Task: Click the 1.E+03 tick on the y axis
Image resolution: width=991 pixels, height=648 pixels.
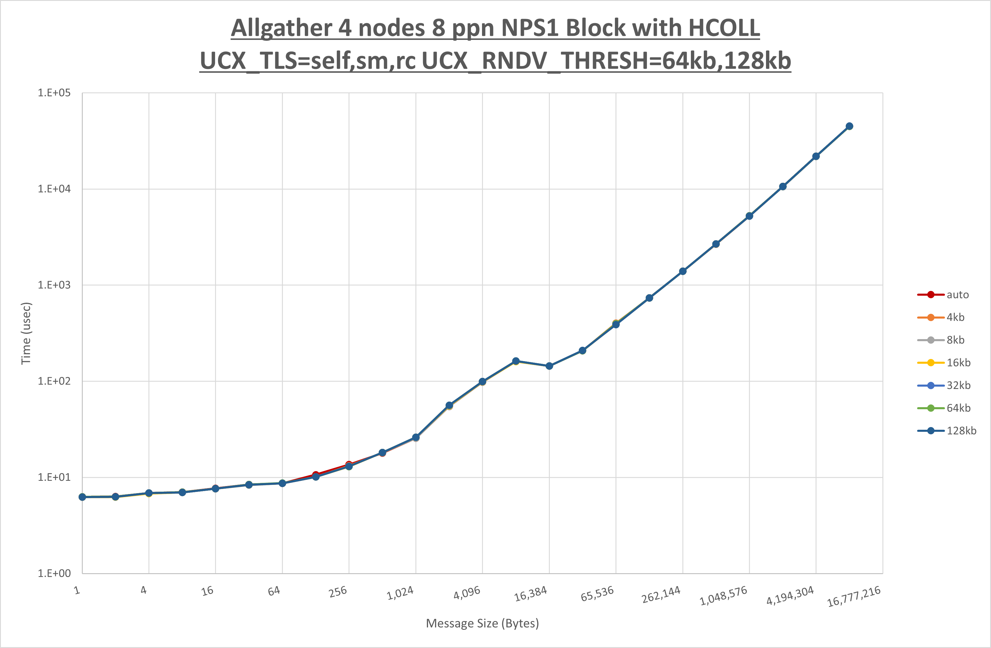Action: point(54,285)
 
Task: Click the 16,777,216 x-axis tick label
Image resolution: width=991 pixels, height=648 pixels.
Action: point(854,596)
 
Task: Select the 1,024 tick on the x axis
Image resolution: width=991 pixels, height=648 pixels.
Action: point(400,593)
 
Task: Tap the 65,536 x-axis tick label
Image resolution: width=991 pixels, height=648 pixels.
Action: point(597,594)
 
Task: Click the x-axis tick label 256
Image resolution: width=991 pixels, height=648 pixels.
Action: point(338,591)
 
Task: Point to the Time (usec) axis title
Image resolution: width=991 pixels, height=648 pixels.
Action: point(26,333)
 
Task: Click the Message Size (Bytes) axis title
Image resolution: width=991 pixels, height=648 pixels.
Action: point(482,623)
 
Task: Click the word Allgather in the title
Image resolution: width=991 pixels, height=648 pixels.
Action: point(281,28)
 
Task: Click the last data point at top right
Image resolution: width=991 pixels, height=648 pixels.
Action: point(849,126)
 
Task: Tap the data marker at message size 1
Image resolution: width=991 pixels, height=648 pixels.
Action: point(82,497)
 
